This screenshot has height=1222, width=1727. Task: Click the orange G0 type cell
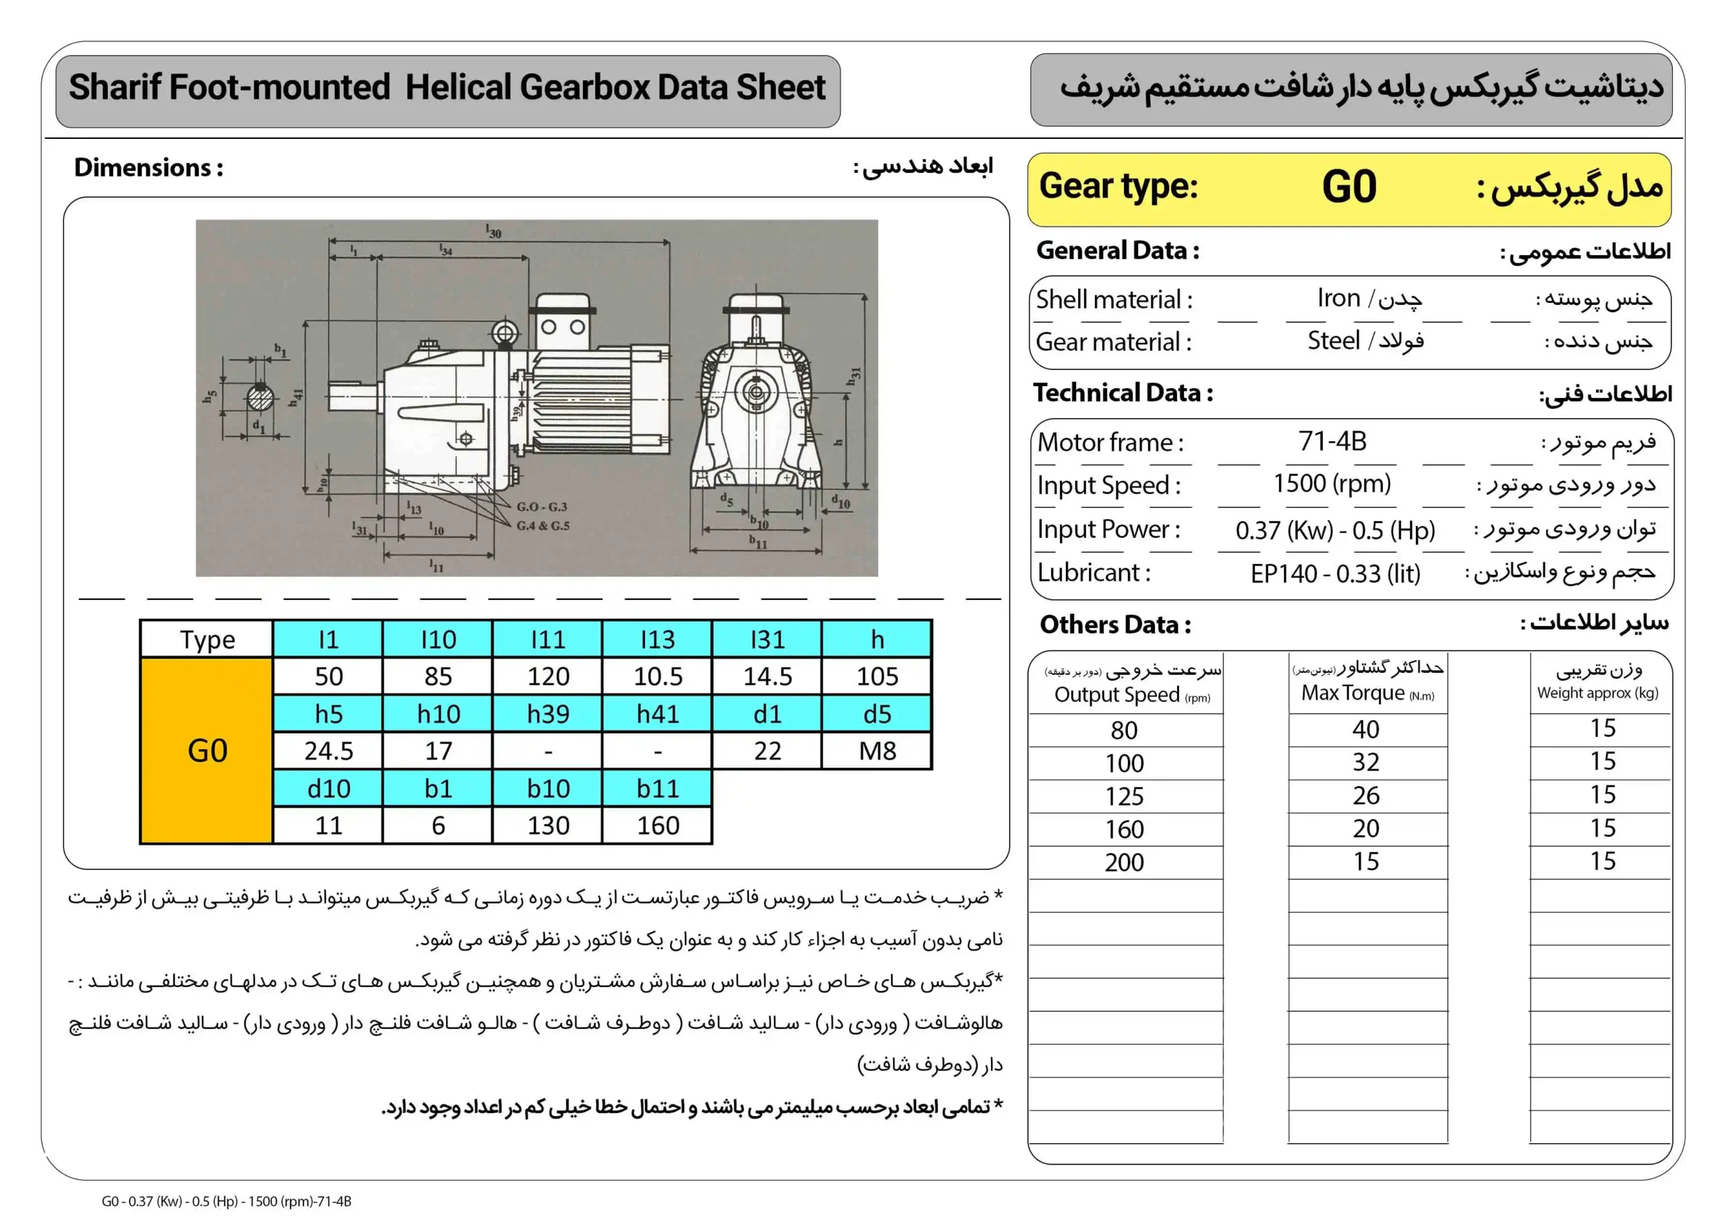click(207, 750)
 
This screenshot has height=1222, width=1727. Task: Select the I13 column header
click(657, 639)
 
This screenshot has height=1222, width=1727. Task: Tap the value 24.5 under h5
click(329, 750)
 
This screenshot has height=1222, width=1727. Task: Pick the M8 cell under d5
click(877, 750)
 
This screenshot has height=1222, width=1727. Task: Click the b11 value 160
click(657, 825)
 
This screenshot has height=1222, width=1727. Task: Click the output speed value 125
click(1124, 796)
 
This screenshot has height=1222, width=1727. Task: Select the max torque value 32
click(1366, 762)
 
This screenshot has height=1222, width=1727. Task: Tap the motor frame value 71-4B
click(1332, 441)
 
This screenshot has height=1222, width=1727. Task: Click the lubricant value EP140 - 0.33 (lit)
click(1335, 574)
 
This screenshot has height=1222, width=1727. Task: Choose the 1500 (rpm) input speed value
click(1332, 483)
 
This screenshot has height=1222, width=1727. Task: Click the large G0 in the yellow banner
click(1349, 187)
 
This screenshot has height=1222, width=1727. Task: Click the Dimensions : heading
click(148, 167)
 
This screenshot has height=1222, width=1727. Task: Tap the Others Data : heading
click(1114, 625)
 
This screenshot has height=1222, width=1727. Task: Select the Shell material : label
click(1113, 300)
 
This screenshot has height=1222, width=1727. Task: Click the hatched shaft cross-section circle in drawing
click(260, 397)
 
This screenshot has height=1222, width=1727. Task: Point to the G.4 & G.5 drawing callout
click(542, 525)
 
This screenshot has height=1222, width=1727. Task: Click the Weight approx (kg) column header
click(1597, 693)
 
